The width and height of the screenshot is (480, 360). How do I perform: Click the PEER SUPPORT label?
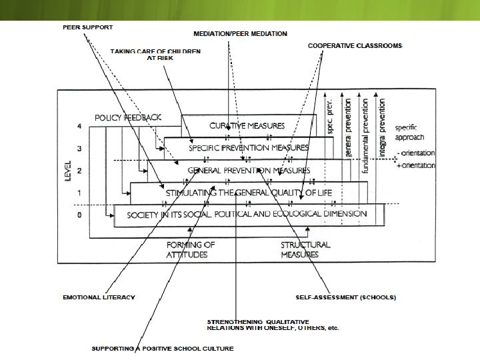click(87, 27)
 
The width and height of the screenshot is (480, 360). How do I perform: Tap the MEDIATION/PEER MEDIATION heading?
click(240, 33)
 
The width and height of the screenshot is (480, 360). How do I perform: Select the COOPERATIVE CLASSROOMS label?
click(355, 46)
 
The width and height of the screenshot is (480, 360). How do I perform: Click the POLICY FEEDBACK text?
click(128, 117)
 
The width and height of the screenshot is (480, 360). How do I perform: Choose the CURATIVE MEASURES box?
click(247, 125)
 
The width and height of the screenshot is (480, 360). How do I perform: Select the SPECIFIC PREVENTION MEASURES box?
click(249, 147)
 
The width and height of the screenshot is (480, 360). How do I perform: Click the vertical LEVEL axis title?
click(67, 170)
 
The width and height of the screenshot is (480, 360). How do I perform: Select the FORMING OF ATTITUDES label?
click(191, 249)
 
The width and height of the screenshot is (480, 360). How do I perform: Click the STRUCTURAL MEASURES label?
click(305, 249)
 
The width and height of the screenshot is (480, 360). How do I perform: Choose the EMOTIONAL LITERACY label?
click(99, 297)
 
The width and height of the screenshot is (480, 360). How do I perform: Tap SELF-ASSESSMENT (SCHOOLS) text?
click(345, 297)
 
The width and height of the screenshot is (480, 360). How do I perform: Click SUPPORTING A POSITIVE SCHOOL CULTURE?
click(163, 349)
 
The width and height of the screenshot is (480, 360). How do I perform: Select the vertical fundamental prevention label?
click(365, 137)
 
